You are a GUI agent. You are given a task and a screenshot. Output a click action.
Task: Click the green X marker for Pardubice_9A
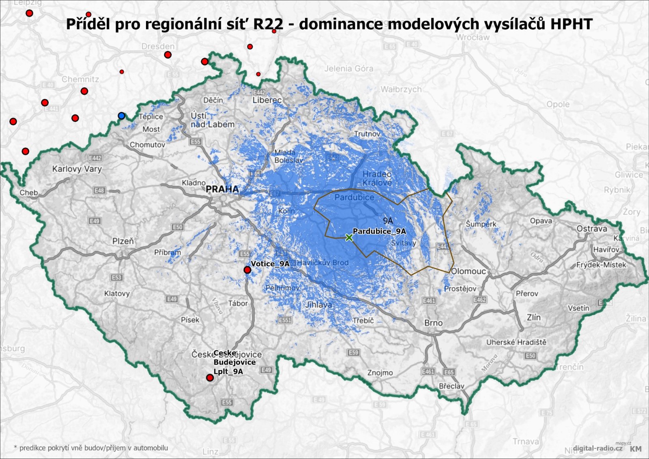349,238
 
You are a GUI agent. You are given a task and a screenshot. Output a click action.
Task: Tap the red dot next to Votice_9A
247,270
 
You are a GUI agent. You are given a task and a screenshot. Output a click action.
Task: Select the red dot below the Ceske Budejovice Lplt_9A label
210,377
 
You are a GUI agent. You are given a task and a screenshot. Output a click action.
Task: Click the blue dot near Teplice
121,116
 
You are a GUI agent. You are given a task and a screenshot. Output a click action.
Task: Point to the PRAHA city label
222,189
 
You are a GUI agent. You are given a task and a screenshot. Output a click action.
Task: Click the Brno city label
433,323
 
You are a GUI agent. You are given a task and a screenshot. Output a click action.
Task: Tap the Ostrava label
592,229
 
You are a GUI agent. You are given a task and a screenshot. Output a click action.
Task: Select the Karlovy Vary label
77,169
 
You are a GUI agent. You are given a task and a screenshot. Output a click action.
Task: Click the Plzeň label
123,241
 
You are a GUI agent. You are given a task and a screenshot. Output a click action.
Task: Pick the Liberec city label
267,100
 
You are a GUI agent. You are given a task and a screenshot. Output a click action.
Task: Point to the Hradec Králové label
377,178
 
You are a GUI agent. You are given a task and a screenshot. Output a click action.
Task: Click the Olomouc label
468,271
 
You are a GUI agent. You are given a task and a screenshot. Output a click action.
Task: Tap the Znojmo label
380,372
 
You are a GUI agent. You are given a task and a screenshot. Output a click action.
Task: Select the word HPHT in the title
571,24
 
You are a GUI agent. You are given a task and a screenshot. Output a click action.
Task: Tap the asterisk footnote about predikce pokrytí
91,448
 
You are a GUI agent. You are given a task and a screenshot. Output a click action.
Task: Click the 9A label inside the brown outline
388,221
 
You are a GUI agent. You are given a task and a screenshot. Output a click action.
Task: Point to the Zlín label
533,317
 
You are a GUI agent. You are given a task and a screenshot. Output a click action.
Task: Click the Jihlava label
318,305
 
